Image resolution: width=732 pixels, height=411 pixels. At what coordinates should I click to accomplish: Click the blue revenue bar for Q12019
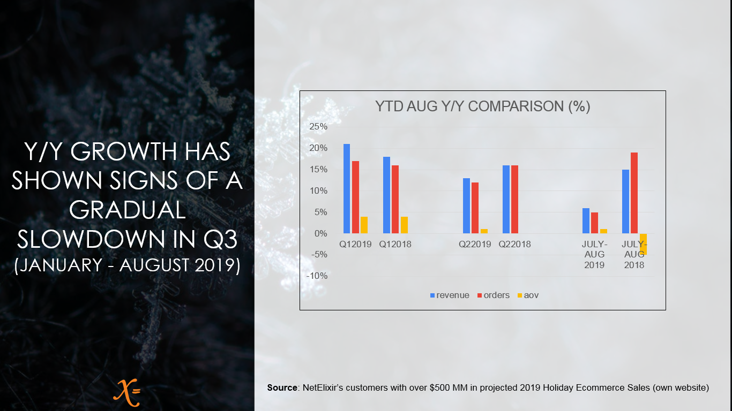(347, 189)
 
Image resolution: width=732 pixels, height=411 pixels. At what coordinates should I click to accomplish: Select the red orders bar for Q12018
(395, 200)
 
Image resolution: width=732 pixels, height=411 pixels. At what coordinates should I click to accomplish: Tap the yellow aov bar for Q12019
(364, 225)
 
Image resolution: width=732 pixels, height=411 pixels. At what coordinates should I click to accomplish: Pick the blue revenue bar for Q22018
(506, 200)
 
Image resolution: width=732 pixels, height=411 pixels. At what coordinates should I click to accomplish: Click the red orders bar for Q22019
(475, 208)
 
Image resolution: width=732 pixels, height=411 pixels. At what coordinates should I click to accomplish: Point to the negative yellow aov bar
(643, 244)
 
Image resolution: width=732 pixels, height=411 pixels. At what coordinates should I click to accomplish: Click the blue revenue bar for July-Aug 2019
(586, 220)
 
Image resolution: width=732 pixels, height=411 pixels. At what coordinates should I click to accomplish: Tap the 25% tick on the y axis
(318, 127)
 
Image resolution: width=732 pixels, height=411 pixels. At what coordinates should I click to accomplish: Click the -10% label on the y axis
(317, 276)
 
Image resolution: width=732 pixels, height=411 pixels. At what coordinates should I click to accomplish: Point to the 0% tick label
(321, 233)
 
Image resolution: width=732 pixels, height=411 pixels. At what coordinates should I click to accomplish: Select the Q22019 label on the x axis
(475, 244)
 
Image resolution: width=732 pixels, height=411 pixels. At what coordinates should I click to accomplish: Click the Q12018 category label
(395, 244)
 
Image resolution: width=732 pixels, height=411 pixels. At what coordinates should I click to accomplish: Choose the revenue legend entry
(450, 295)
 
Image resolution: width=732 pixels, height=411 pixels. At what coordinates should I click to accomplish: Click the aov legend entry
(528, 295)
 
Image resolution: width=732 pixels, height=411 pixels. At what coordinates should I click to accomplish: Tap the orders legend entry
(494, 295)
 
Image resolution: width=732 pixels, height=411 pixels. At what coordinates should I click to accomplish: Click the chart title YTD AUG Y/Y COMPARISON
(483, 106)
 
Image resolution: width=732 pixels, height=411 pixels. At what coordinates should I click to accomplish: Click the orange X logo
(127, 392)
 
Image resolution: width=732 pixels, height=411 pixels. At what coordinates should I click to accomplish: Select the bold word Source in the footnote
(282, 387)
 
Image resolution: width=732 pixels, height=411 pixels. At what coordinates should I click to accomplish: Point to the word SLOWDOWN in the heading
(92, 239)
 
